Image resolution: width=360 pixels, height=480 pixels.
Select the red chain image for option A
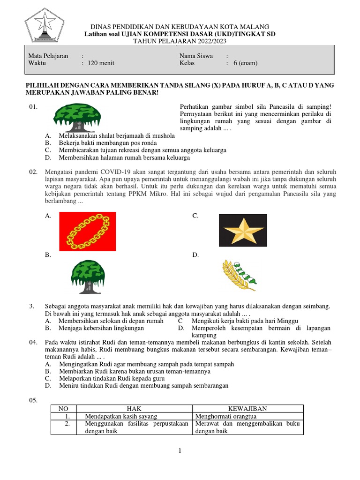tap(88, 231)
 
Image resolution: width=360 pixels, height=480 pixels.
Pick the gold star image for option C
tap(243, 230)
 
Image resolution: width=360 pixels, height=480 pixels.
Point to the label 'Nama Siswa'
tap(196, 56)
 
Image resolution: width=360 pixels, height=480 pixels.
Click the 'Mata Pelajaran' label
tap(48, 56)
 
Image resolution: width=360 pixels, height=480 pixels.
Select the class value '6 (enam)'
tap(245, 63)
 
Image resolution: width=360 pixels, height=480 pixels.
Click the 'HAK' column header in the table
tap(134, 409)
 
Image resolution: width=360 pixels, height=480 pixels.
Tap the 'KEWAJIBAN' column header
tap(247, 409)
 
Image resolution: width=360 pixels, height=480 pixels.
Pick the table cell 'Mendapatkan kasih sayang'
tap(121, 416)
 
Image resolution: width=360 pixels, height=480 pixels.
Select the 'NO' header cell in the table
tap(63, 409)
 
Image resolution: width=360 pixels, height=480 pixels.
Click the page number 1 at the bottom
tap(180, 451)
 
